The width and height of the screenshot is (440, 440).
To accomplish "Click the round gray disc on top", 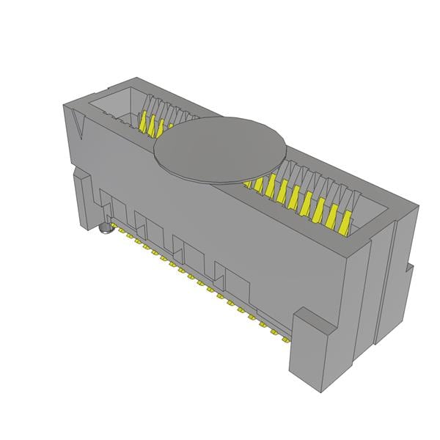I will click(220, 147).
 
